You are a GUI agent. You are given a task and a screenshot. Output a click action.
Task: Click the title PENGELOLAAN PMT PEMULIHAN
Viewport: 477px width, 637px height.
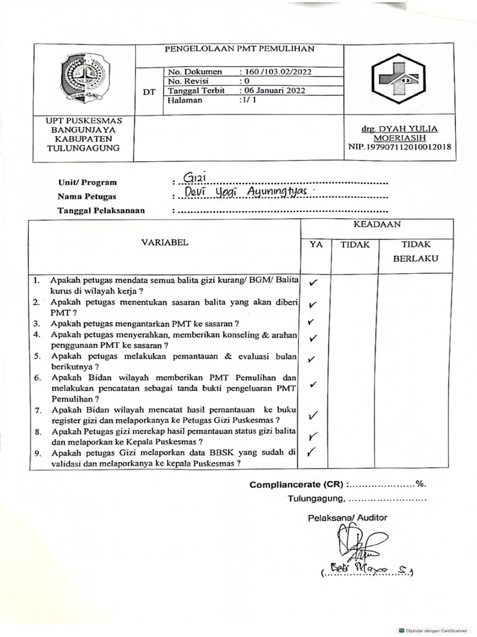tap(239, 49)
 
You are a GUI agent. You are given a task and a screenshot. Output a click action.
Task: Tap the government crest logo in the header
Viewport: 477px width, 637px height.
tap(85, 78)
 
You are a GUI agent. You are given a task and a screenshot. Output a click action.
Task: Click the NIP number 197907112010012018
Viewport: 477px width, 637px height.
tap(400, 147)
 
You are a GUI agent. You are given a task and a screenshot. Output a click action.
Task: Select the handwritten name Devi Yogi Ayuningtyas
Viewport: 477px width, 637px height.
tap(247, 193)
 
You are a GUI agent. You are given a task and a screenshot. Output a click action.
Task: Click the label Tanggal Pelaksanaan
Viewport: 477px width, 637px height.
tap(101, 210)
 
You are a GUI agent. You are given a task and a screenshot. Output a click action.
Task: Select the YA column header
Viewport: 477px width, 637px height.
tap(316, 245)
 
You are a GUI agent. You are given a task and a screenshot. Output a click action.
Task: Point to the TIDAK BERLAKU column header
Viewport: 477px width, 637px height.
tap(416, 251)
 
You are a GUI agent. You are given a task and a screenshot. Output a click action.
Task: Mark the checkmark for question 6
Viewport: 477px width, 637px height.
tap(314, 385)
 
